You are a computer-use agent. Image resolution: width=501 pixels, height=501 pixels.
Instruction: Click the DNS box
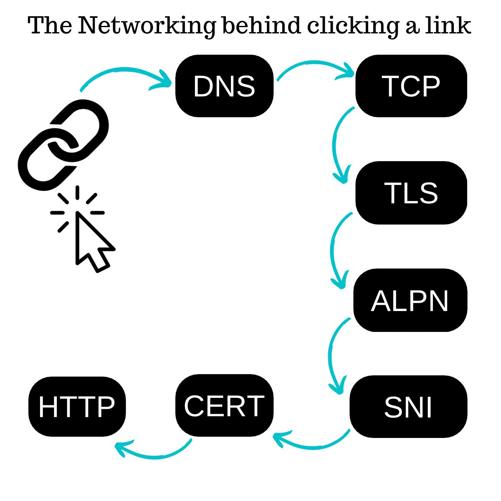(224, 86)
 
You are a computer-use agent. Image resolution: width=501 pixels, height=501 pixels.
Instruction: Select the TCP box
(411, 86)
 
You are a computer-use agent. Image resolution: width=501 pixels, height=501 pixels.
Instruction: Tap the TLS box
(411, 193)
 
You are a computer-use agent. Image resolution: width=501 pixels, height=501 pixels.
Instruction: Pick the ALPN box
(410, 300)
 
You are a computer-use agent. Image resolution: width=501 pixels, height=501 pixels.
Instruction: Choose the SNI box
(408, 407)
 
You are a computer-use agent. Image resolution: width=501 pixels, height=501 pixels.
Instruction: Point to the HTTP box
(77, 407)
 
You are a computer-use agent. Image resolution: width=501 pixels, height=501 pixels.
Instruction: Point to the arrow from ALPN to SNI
(332, 357)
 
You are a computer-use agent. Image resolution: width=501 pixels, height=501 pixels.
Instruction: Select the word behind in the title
(261, 26)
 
